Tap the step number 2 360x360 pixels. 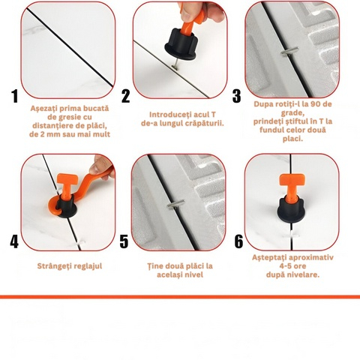point(125,96)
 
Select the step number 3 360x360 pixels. point(236,96)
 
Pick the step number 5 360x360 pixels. point(124,241)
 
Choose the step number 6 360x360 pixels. point(238,241)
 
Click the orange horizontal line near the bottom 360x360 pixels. point(180,297)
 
